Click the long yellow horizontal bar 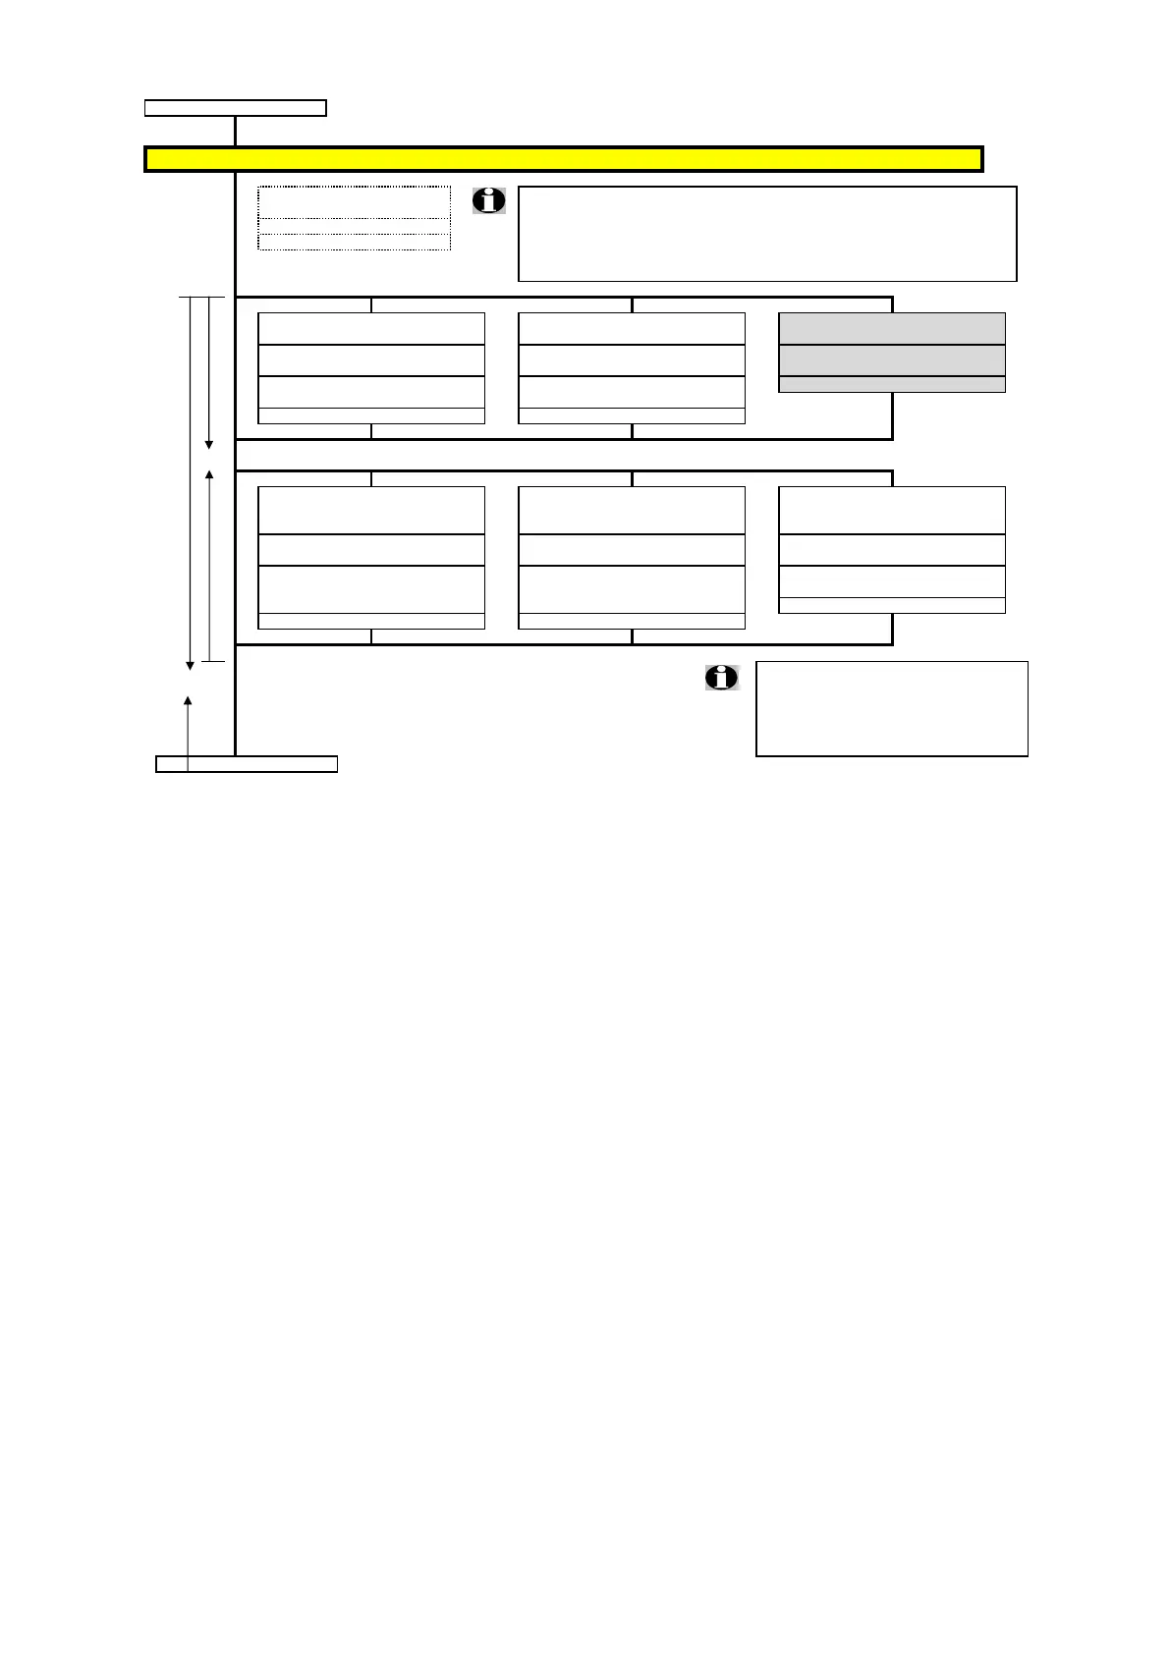point(563,159)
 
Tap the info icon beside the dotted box point(489,200)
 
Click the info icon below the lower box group point(722,677)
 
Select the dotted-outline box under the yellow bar point(354,218)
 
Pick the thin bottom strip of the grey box point(892,384)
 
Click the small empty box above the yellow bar point(236,108)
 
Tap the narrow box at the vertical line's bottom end point(247,764)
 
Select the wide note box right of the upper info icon point(767,234)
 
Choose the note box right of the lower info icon point(892,708)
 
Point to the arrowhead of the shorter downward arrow point(209,445)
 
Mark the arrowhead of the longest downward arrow point(191,666)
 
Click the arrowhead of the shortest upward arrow point(188,700)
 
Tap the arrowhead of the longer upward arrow point(209,475)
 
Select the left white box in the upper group point(371,367)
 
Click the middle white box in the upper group point(632,367)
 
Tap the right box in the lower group point(892,549)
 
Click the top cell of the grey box point(892,329)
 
